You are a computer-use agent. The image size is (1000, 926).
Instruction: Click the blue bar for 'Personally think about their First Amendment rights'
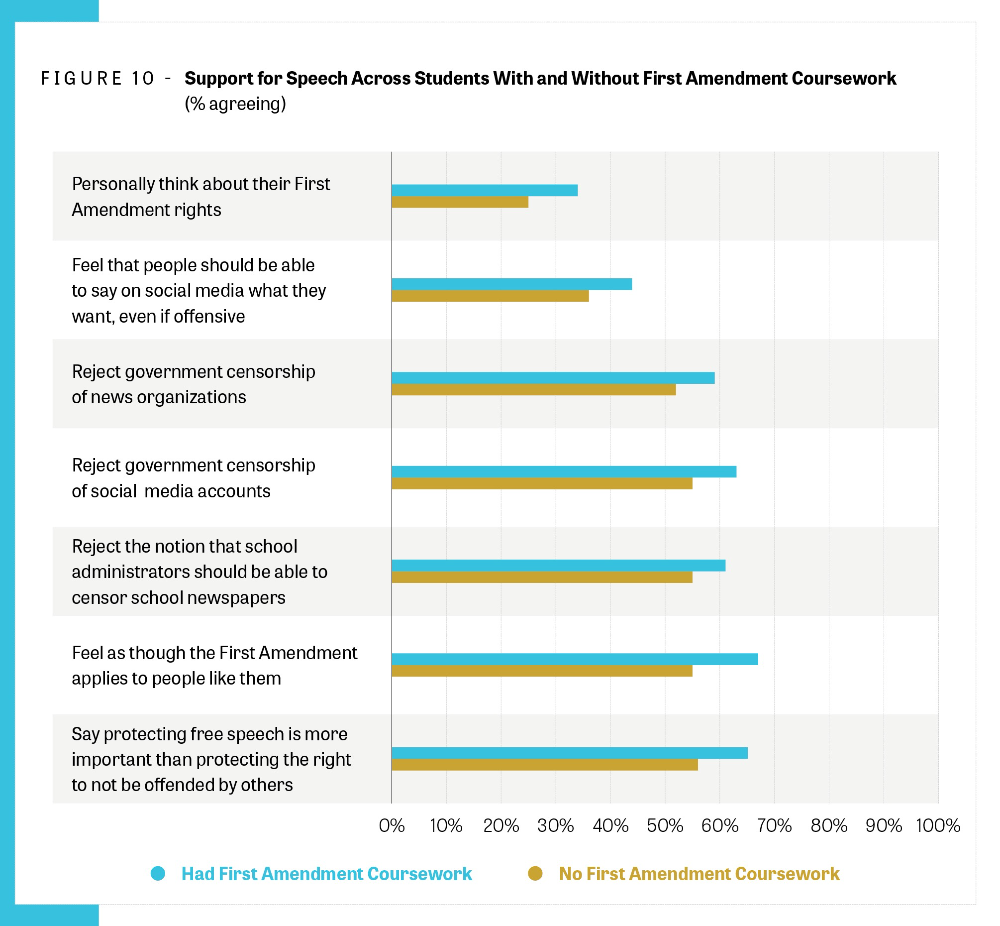484,190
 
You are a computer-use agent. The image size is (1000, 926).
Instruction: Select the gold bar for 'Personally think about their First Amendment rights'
460,202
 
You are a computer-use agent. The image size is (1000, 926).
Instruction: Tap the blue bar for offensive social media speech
511,284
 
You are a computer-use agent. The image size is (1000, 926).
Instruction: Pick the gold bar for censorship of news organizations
533,389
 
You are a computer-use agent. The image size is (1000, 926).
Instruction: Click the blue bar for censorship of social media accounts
563,471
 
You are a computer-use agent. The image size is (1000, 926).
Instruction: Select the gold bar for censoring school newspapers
542,577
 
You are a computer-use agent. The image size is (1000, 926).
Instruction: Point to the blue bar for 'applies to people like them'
574,659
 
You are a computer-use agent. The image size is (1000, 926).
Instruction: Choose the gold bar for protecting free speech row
544,764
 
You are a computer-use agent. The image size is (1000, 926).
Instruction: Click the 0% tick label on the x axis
392,825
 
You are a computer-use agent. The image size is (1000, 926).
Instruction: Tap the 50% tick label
665,825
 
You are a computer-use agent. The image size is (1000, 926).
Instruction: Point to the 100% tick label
937,825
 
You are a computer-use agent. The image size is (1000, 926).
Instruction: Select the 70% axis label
774,825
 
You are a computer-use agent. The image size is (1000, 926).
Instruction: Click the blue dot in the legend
158,873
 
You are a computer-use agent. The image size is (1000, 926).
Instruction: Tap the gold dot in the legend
535,873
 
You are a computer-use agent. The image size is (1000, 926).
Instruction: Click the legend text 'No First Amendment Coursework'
699,873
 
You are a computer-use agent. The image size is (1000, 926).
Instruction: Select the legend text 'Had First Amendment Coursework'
326,873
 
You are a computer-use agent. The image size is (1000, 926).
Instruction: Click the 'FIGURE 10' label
98,79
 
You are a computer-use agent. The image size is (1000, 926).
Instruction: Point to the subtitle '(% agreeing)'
235,104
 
